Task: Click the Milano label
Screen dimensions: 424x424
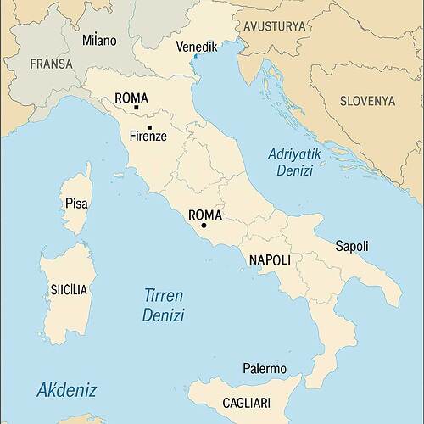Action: pyautogui.click(x=99, y=40)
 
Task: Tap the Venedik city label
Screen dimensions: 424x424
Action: pyautogui.click(x=196, y=47)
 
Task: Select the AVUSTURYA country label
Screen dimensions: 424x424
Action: pyautogui.click(x=274, y=27)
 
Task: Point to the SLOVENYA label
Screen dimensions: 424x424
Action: pyautogui.click(x=367, y=100)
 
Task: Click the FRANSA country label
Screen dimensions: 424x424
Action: pyautogui.click(x=51, y=64)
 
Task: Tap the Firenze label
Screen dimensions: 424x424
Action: pyautogui.click(x=148, y=136)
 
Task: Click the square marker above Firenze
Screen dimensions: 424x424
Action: pyautogui.click(x=149, y=127)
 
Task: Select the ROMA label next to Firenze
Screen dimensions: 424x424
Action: pyautogui.click(x=131, y=98)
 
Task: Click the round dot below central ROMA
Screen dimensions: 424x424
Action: pyautogui.click(x=204, y=226)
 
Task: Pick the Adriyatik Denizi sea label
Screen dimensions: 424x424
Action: pyautogui.click(x=290, y=162)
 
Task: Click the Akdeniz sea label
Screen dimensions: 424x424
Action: pyautogui.click(x=66, y=390)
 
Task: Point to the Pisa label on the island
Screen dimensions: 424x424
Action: pyautogui.click(x=76, y=204)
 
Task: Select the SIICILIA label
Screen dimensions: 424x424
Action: pyautogui.click(x=69, y=290)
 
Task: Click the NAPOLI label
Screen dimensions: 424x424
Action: pyautogui.click(x=270, y=259)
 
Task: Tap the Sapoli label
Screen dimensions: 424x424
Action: pyautogui.click(x=352, y=246)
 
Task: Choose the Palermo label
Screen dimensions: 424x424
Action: pyautogui.click(x=265, y=369)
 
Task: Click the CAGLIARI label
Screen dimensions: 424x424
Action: pyautogui.click(x=246, y=403)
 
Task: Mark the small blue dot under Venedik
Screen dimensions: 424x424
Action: pyautogui.click(x=195, y=57)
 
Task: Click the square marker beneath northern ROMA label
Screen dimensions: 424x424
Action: pyautogui.click(x=136, y=108)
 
